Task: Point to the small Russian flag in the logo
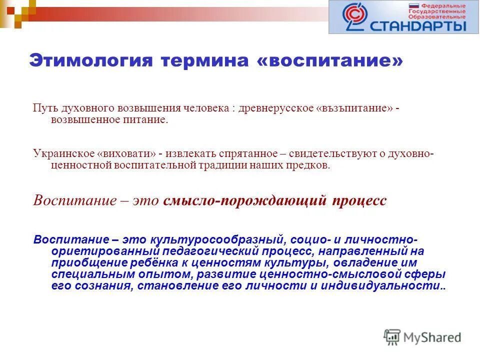(414, 7)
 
